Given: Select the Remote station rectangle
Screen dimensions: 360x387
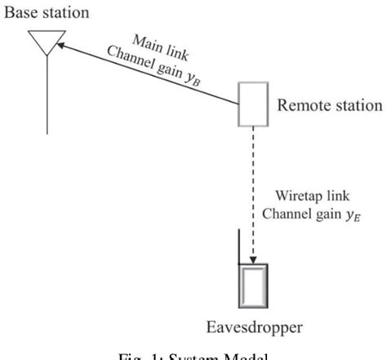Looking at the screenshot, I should [x=253, y=104].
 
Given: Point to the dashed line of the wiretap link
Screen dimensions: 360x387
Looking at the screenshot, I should [x=253, y=188].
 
